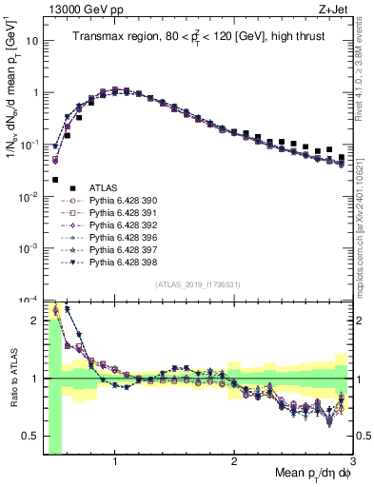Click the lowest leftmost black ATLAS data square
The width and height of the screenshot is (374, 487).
coord(55,179)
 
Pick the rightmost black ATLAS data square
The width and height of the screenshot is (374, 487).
coord(342,157)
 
